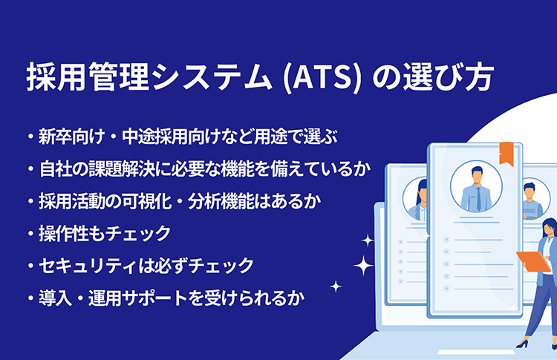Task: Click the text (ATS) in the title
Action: [x=322, y=78]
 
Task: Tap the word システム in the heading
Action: [x=212, y=77]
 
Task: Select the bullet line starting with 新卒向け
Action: [x=182, y=137]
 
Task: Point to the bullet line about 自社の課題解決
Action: [x=199, y=169]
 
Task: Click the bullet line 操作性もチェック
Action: [x=100, y=233]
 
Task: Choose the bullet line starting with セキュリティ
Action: [x=140, y=266]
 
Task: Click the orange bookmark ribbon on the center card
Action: [x=506, y=154]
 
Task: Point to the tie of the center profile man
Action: [x=478, y=199]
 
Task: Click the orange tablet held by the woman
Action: [x=533, y=261]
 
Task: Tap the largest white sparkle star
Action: [x=363, y=265]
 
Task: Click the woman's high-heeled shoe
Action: [x=522, y=344]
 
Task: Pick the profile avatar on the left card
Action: [x=416, y=199]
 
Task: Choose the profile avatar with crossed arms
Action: [x=532, y=200]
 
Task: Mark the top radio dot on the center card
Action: [x=446, y=240]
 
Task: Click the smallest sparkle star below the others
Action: [x=336, y=287]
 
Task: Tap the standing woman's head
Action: [x=549, y=227]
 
